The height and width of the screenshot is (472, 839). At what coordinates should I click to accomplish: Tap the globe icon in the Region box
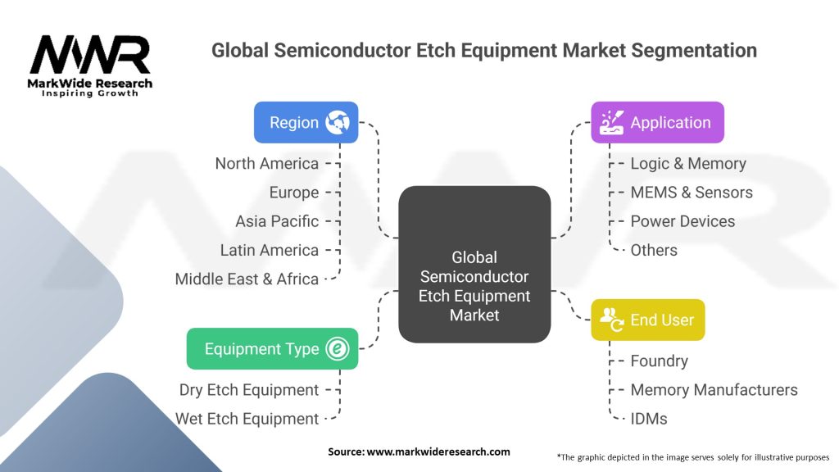[x=337, y=123]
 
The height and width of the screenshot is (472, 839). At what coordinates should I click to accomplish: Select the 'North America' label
[x=267, y=164]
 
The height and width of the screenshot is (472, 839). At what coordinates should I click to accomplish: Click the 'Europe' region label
[x=294, y=193]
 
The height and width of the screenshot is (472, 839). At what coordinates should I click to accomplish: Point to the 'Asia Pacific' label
[x=277, y=221]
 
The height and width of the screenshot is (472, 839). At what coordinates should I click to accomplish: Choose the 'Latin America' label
[x=270, y=250]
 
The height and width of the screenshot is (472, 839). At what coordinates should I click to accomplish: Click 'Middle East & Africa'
[x=247, y=279]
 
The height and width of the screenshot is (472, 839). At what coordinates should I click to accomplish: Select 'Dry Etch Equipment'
[x=249, y=390]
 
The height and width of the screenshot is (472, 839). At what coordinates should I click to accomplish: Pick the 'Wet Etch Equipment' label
[x=247, y=419]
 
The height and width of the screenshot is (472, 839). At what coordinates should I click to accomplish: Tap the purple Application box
[x=657, y=123]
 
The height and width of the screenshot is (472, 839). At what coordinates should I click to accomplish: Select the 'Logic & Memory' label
[x=688, y=164]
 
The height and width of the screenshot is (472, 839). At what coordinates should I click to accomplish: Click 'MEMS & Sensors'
[x=692, y=193]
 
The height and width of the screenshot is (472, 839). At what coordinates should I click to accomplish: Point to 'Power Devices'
[x=683, y=221]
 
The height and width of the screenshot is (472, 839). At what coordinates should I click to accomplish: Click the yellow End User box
[x=647, y=320]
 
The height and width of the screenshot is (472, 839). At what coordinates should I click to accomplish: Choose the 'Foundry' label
[x=659, y=361]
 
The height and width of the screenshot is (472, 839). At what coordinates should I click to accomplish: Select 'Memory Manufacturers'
[x=714, y=390]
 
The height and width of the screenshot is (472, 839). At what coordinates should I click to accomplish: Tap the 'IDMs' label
[x=649, y=419]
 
